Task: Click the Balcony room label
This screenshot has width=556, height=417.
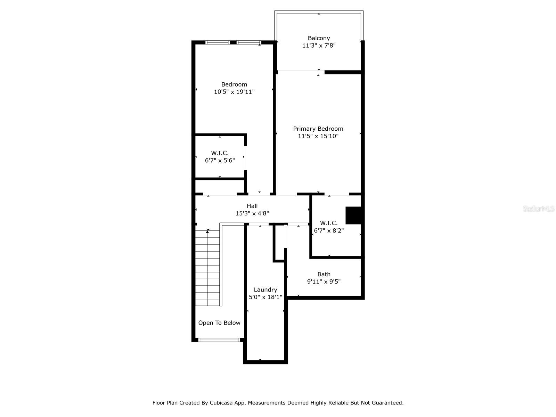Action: pyautogui.click(x=319, y=38)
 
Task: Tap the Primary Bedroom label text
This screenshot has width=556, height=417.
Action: pyautogui.click(x=318, y=129)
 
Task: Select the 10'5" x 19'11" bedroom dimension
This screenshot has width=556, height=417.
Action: pyautogui.click(x=234, y=92)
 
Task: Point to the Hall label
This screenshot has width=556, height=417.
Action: pyautogui.click(x=252, y=206)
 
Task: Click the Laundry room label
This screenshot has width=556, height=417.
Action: pyautogui.click(x=265, y=290)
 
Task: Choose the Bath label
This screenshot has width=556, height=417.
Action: pyautogui.click(x=324, y=274)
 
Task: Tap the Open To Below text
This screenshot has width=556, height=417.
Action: pyautogui.click(x=219, y=323)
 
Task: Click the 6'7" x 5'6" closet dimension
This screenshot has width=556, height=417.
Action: pyautogui.click(x=220, y=161)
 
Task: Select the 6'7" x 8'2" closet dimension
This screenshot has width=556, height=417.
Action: pyautogui.click(x=329, y=231)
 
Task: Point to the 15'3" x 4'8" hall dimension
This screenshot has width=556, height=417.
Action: pyautogui.click(x=252, y=213)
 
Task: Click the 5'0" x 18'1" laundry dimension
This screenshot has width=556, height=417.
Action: pyautogui.click(x=265, y=297)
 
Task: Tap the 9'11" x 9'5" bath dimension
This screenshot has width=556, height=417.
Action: pyautogui.click(x=324, y=281)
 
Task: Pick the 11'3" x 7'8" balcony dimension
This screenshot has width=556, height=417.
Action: pyautogui.click(x=319, y=46)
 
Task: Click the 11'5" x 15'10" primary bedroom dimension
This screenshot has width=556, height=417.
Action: pyautogui.click(x=318, y=136)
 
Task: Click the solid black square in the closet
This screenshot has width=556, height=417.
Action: pyautogui.click(x=353, y=215)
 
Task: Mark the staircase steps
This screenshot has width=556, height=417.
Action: pyautogui.click(x=207, y=268)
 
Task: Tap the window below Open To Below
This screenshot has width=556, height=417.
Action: pyautogui.click(x=219, y=340)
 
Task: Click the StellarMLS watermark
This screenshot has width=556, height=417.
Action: pyautogui.click(x=539, y=208)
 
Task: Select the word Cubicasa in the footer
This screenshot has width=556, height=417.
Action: pyautogui.click(x=221, y=403)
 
